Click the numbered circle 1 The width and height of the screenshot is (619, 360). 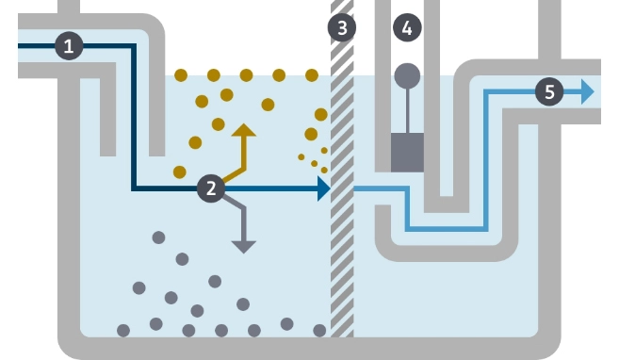[70, 43]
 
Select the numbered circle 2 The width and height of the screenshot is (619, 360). [211, 188]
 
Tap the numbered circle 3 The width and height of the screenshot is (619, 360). [342, 27]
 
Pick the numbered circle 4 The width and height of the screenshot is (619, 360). [407, 27]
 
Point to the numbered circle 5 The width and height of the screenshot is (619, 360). [550, 91]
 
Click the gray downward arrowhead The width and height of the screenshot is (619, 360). [244, 247]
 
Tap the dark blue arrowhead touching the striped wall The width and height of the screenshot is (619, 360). [323, 188]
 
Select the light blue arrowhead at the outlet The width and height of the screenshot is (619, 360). [588, 91]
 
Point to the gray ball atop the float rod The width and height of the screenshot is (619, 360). [407, 74]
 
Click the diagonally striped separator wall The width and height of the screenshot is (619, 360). [342, 188]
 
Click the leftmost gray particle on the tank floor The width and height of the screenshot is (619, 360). [122, 330]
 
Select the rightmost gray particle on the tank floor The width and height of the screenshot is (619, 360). [319, 330]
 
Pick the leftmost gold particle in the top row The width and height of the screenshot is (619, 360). [181, 74]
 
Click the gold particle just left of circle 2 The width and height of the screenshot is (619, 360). [179, 172]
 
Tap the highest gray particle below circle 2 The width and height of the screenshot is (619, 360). [158, 237]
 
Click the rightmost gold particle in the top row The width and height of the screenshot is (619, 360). [312, 74]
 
